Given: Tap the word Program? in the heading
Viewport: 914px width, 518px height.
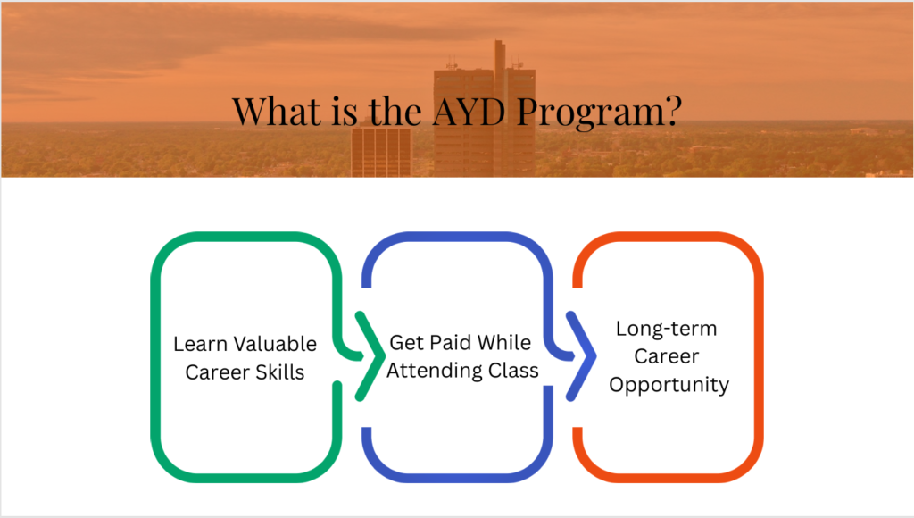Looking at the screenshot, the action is pyautogui.click(x=599, y=113).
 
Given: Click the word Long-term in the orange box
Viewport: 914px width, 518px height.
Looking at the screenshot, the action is pyautogui.click(x=666, y=329).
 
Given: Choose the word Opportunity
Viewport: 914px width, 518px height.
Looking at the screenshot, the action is pyautogui.click(x=669, y=386).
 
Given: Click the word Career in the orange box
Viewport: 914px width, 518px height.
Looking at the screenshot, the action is pyautogui.click(x=666, y=355).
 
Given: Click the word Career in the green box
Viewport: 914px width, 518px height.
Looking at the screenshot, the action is pyautogui.click(x=217, y=372).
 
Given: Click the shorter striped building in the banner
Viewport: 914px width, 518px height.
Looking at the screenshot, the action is pyautogui.click(x=380, y=152).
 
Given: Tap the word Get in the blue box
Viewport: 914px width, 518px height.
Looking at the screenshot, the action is pyautogui.click(x=406, y=342).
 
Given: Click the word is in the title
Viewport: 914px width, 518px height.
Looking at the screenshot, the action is pyautogui.click(x=344, y=111).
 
